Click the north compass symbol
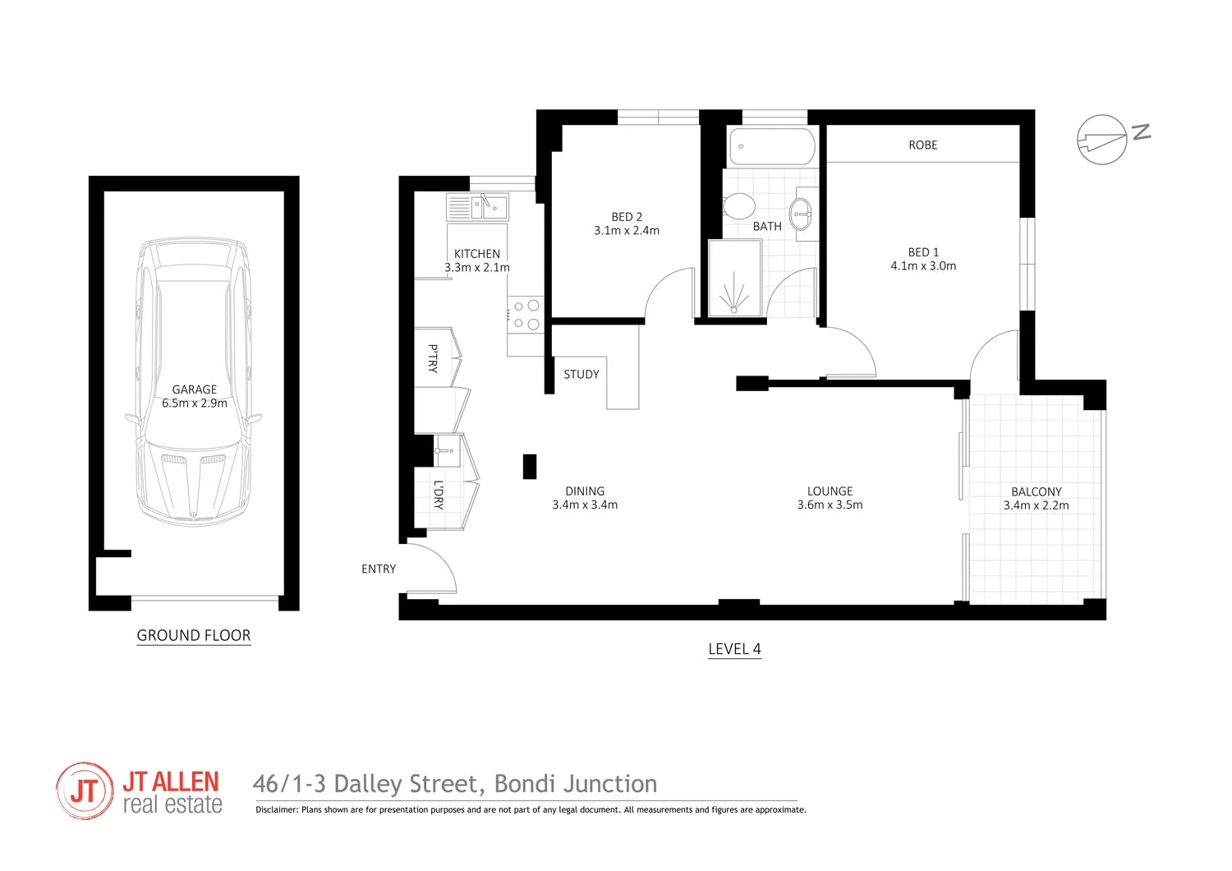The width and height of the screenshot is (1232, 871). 1102,140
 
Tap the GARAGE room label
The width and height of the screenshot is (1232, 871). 195,389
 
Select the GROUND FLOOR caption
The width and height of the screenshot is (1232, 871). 194,635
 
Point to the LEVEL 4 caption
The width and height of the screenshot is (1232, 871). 734,649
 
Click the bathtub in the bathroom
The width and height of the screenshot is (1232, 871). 772,146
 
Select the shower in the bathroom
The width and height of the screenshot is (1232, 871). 734,279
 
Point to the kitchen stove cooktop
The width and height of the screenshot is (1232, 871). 526,315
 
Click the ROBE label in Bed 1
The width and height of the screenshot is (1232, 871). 922,145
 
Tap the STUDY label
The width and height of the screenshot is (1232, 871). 582,375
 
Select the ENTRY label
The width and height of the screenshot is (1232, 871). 379,569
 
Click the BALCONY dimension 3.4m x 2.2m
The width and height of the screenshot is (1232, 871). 1036,505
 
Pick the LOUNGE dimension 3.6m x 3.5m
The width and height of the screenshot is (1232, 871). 830,505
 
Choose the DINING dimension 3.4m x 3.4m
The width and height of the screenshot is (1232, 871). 585,505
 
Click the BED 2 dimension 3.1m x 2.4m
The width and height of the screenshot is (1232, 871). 627,231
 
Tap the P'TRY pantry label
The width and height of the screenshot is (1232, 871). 433,358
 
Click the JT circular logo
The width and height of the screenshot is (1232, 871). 85,790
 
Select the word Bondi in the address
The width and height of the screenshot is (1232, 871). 527,785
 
